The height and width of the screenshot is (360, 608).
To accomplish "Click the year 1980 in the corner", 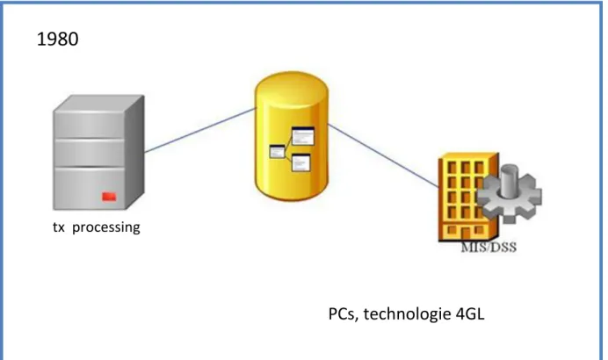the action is pos(57,40).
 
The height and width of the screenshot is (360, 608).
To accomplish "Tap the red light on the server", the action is pos(109,197).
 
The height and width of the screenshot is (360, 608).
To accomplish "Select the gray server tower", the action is pos(98,152).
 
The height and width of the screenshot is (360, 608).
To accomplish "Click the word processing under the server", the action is pos(105,227).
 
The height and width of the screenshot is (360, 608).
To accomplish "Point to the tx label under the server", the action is pos(59,227).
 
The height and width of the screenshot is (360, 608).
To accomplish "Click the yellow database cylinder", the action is pos(291,136).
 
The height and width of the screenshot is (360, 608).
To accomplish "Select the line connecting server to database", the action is pos(200,130).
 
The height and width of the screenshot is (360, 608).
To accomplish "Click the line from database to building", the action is pos(384,155).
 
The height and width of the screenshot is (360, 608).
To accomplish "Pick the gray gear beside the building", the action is pos(509,194).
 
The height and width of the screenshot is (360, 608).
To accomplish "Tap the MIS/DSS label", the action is pos(489,248).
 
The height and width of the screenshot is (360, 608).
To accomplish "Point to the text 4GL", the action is pos(470,313).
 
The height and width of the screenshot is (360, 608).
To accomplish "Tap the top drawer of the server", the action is pos(90,125).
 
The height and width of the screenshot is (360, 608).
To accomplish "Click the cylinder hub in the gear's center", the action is pos(510,179).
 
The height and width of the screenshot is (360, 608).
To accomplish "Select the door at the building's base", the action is pos(465,234).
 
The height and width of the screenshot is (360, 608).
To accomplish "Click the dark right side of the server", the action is pos(134,151).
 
